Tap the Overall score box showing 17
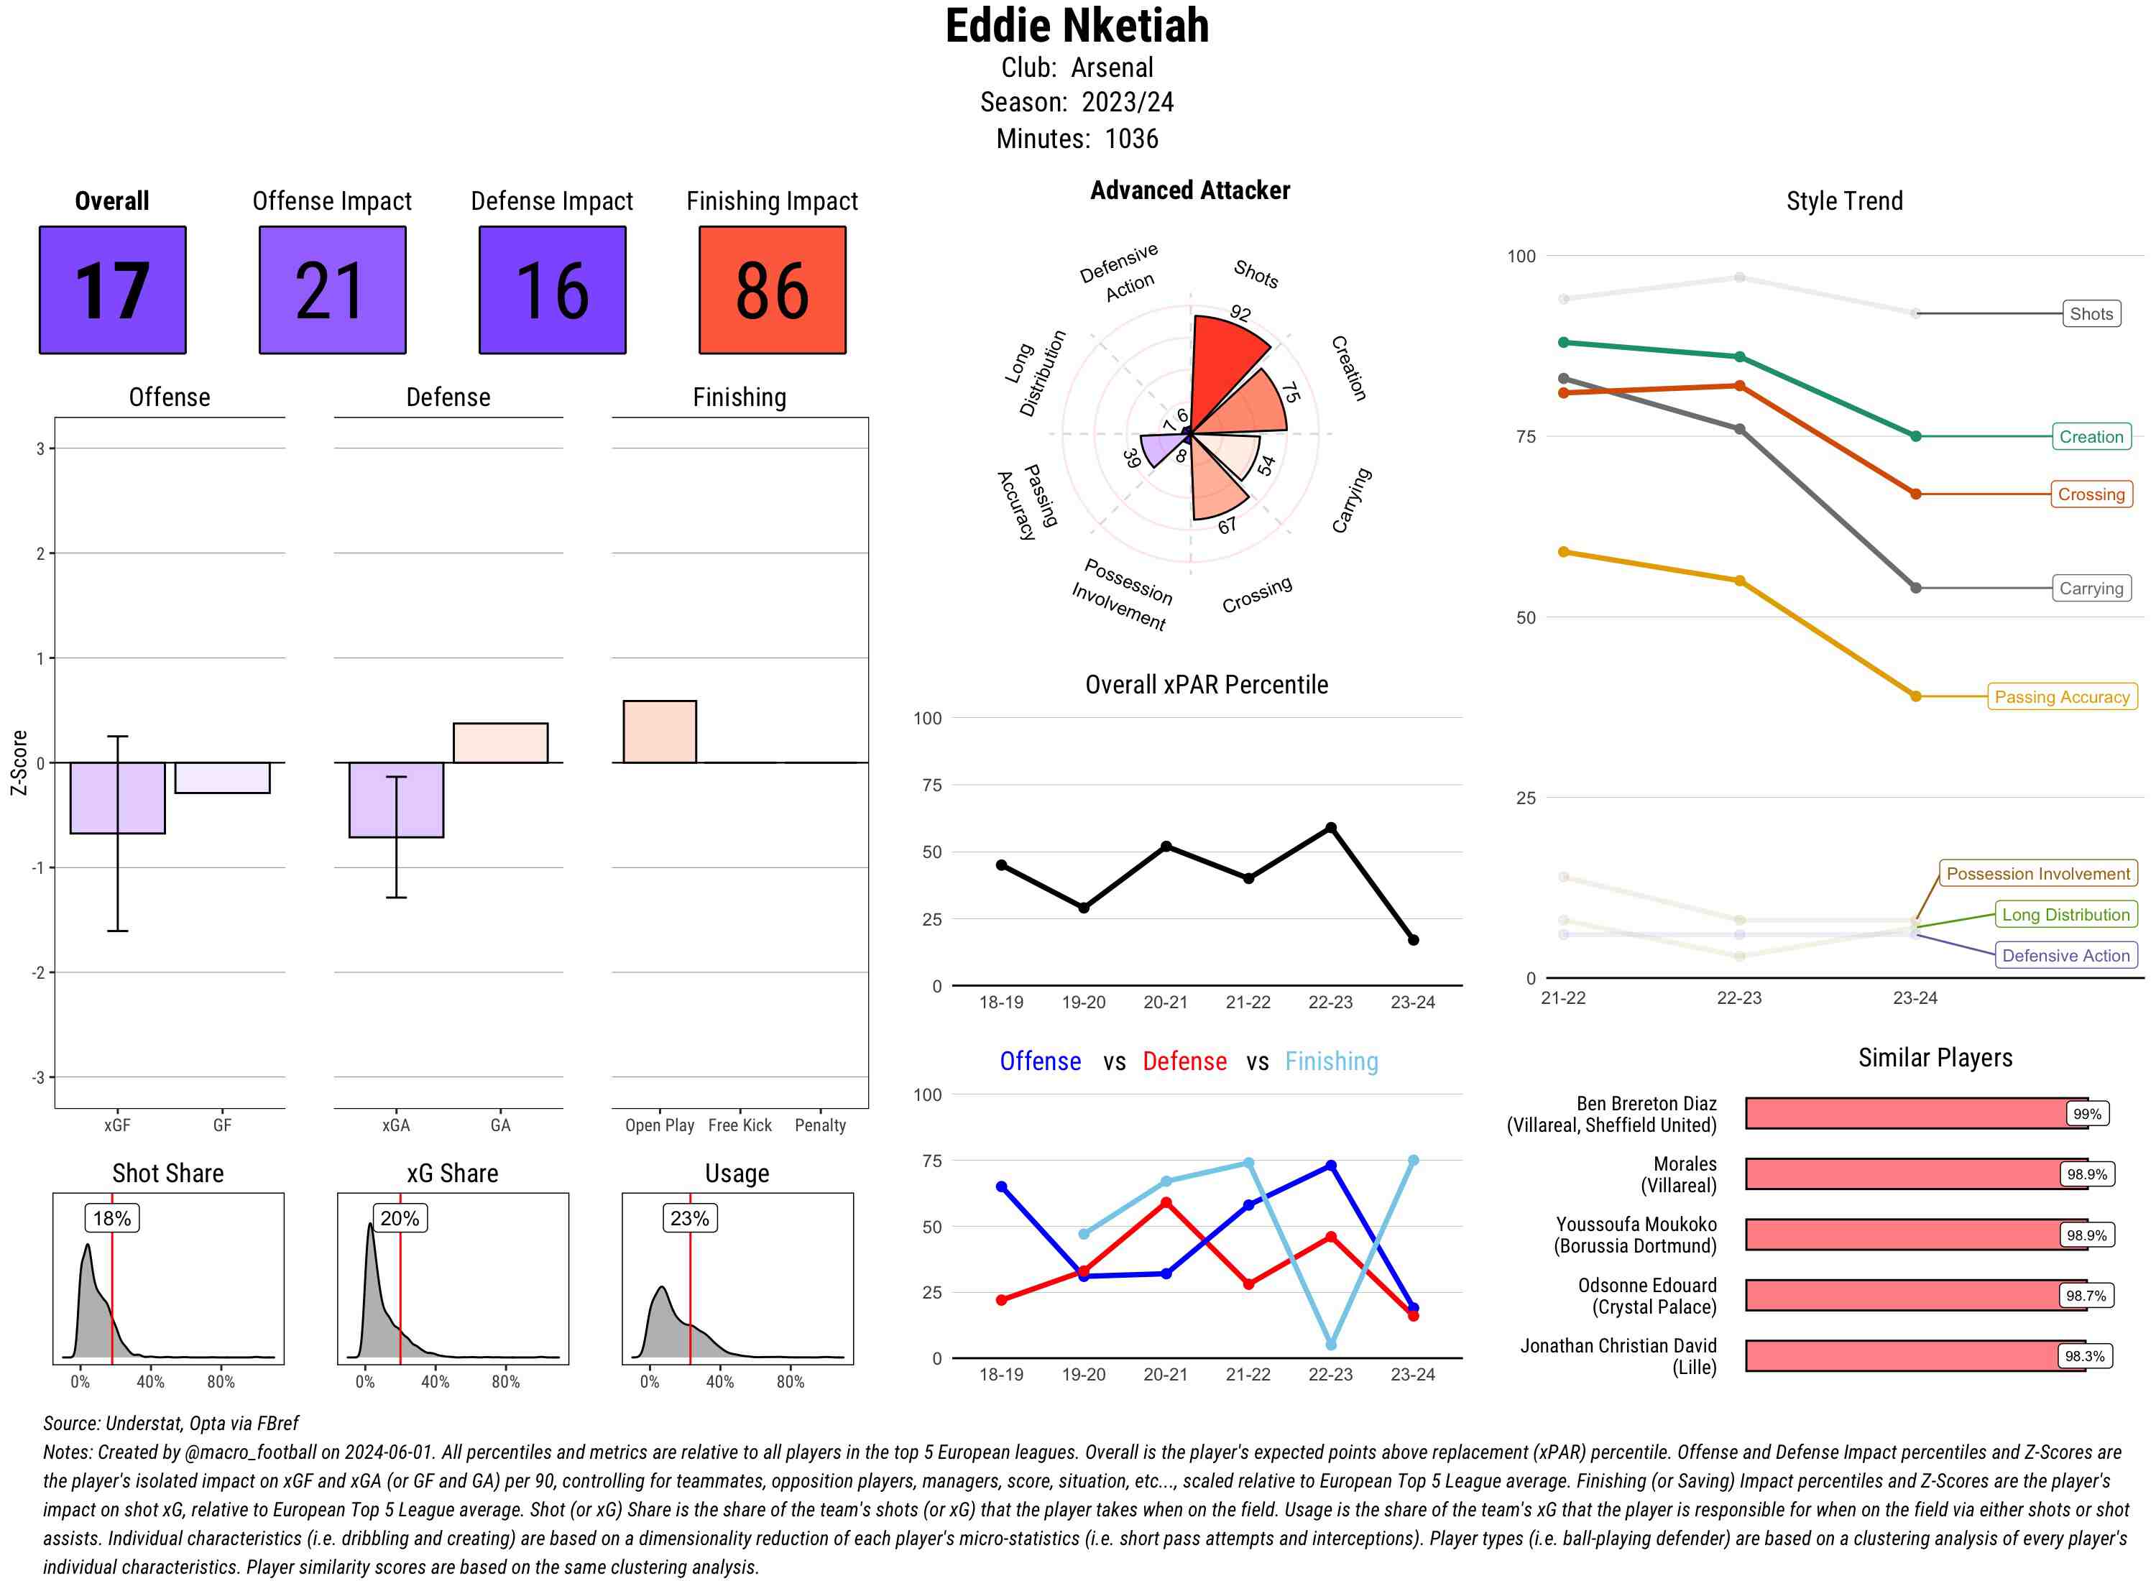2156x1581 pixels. tap(112, 290)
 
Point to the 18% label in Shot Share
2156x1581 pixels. tap(112, 1218)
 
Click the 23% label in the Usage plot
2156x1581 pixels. tap(689, 1218)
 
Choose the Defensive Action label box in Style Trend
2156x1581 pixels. tap(2065, 955)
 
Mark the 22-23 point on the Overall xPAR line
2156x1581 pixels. tap(1330, 828)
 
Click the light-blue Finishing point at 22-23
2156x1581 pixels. tap(1330, 1345)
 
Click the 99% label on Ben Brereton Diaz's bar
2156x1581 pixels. tap(2086, 1114)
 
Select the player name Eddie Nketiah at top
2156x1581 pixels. tap(1077, 26)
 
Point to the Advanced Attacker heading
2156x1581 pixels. tap(1189, 190)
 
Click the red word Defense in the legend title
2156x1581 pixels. tap(1184, 1061)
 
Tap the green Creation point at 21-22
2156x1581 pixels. tap(1564, 343)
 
